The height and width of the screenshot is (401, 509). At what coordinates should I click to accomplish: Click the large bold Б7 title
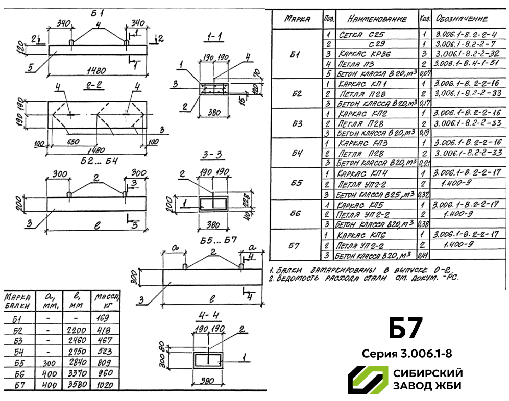click(x=406, y=329)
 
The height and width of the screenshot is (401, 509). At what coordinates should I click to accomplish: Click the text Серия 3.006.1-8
click(x=407, y=353)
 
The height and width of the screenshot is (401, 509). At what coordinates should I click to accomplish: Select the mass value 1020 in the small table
click(x=104, y=385)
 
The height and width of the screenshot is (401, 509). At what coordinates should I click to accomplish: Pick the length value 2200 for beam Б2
click(x=77, y=330)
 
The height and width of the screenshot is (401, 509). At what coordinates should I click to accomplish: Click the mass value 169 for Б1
click(x=104, y=319)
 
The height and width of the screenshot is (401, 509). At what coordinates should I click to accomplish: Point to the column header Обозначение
click(x=462, y=19)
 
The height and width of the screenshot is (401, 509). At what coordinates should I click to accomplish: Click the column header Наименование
click(x=376, y=19)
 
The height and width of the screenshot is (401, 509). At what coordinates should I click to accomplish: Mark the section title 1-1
click(x=213, y=37)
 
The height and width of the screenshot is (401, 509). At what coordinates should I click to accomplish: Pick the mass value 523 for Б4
click(x=104, y=352)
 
